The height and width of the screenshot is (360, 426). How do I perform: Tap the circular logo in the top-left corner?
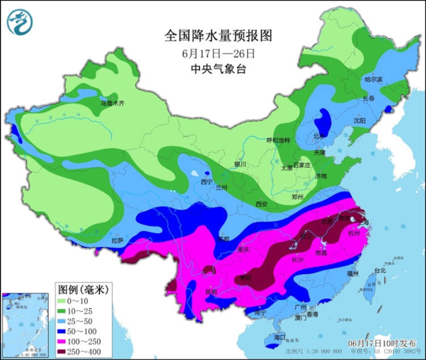[x=20, y=22]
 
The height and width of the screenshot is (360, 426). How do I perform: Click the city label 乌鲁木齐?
[x=112, y=103]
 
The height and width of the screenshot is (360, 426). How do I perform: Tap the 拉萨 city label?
[x=117, y=240]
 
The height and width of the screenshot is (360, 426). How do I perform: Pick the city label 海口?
[x=278, y=337]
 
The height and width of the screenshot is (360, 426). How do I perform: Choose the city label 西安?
[x=261, y=203]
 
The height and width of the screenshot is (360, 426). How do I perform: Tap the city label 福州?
[x=352, y=274]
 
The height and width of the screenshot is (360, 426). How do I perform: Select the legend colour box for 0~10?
[x=62, y=300]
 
